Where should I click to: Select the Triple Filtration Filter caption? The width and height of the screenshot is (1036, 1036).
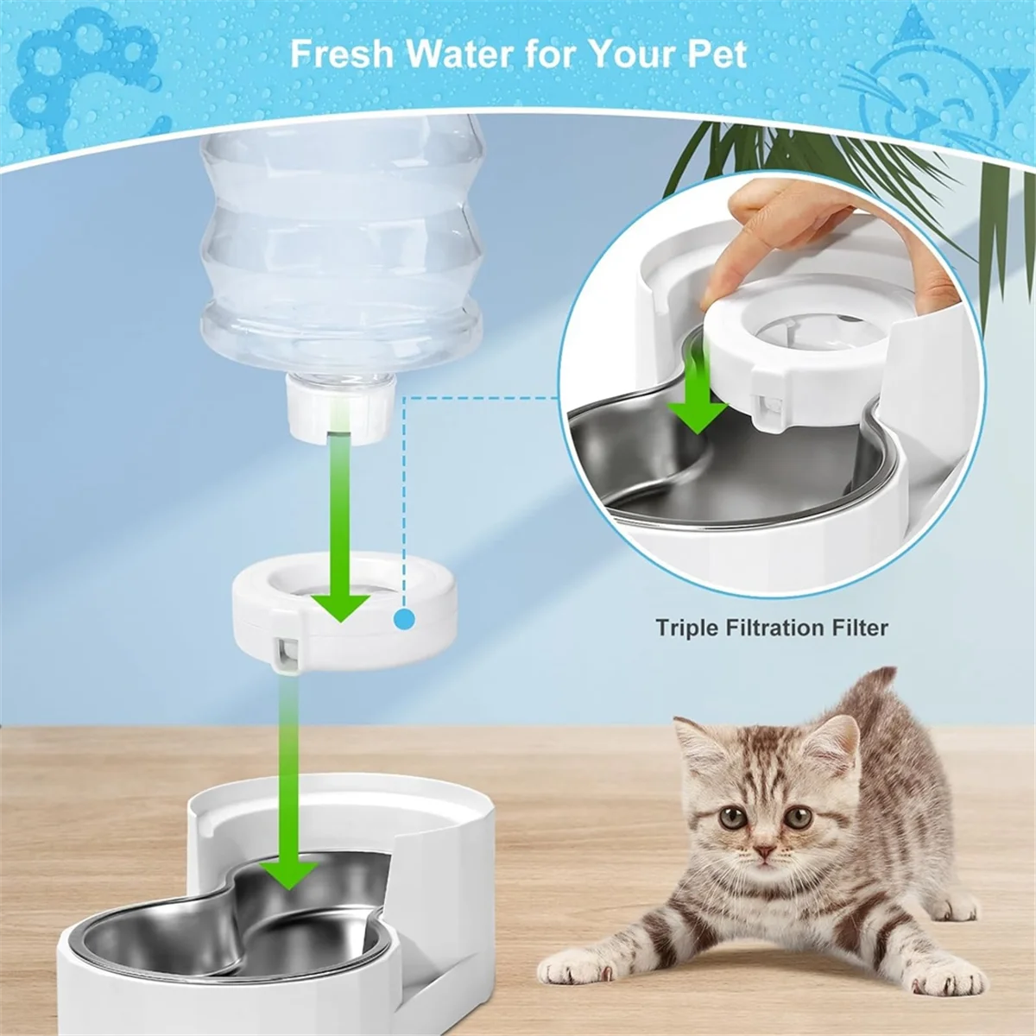click(x=771, y=627)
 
